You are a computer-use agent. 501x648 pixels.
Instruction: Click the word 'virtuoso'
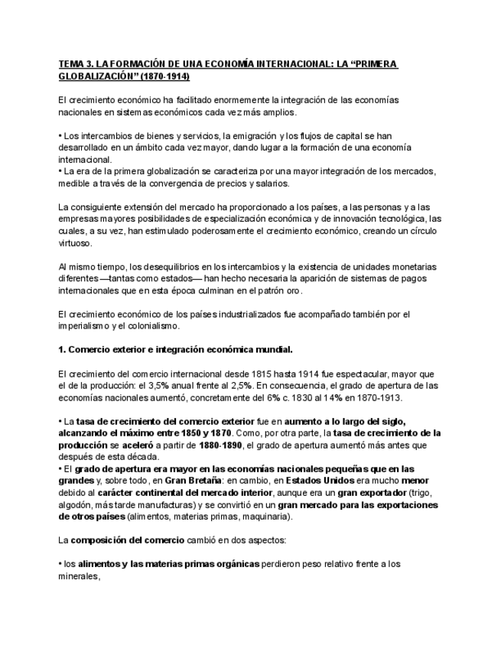pyautogui.click(x=75, y=242)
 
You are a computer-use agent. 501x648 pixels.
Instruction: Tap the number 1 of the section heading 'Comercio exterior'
pyautogui.click(x=61, y=349)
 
